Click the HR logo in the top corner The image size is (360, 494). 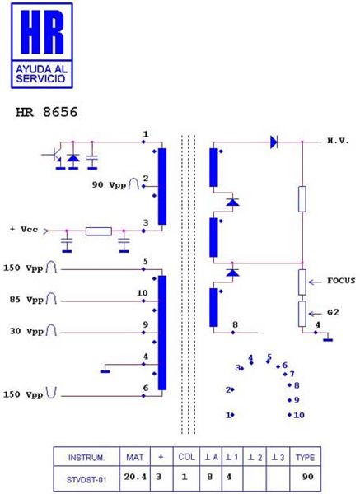[x=42, y=45]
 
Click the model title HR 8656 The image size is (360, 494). [x=46, y=112]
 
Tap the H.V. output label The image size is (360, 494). [x=339, y=141]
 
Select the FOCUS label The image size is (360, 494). [x=341, y=281]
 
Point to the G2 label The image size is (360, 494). [x=333, y=312]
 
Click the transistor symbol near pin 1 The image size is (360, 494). [x=54, y=156]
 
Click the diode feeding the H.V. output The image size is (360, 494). [x=274, y=142]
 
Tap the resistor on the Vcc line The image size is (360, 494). [x=99, y=231]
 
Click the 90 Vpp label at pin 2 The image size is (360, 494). [x=109, y=184]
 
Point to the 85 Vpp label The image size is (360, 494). [x=26, y=300]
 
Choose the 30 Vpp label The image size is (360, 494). [x=26, y=331]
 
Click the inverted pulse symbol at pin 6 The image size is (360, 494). [x=51, y=393]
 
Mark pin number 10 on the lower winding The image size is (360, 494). [x=143, y=293]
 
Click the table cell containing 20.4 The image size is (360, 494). [x=135, y=477]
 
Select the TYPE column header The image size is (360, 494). [x=305, y=458]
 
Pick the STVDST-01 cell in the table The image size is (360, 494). [x=86, y=480]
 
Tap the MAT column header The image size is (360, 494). [x=134, y=457]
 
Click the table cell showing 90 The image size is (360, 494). [x=307, y=477]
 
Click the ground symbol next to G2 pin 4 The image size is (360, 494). [x=328, y=339]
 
